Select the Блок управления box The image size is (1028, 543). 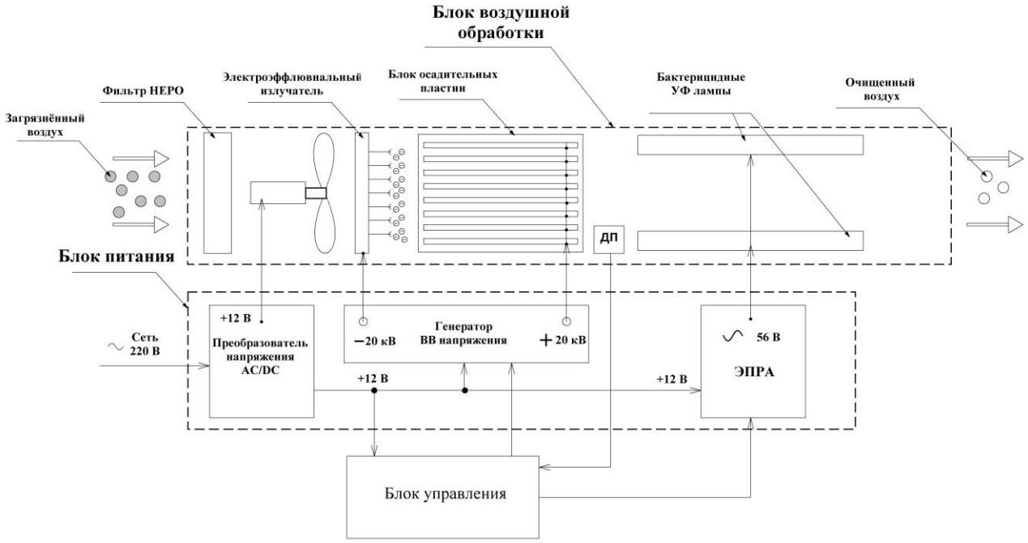coord(442,493)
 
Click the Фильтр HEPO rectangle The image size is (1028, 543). coord(217,192)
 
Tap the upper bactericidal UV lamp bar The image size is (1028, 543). coord(750,146)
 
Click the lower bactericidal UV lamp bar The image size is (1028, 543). coord(750,240)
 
